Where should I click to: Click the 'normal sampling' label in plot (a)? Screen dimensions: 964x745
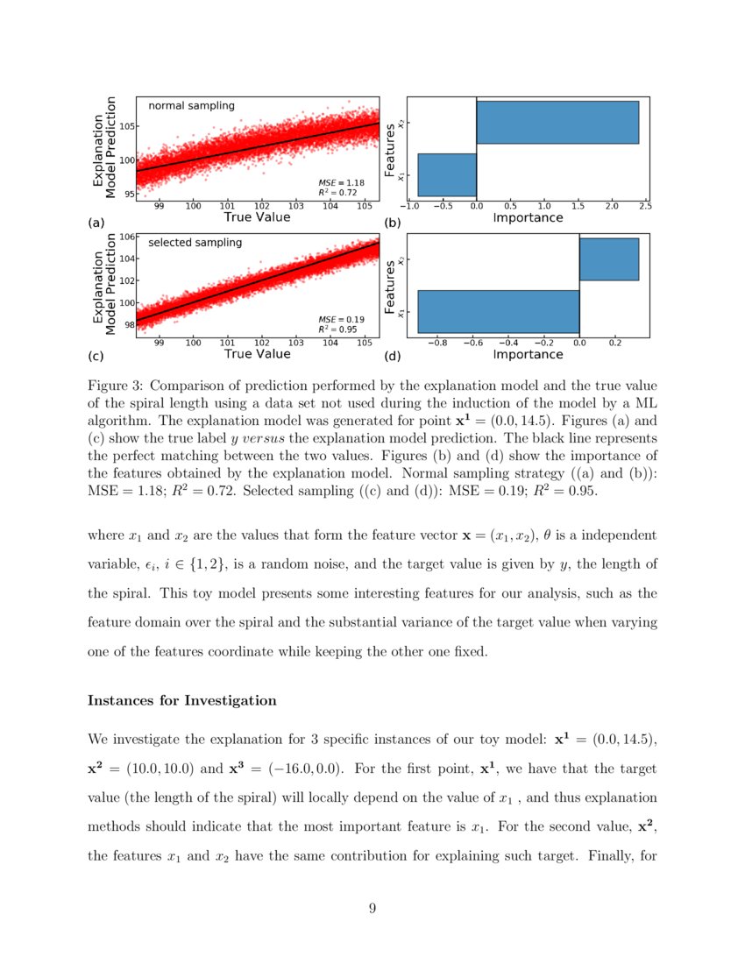[191, 106]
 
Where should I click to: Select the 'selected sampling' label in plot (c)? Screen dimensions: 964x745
[195, 243]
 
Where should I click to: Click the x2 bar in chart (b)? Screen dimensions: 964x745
[557, 123]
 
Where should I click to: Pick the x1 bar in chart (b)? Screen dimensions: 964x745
[447, 174]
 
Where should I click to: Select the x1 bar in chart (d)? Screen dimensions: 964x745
[498, 312]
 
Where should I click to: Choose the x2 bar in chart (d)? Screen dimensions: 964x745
[609, 259]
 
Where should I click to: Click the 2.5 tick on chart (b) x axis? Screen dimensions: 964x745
[645, 207]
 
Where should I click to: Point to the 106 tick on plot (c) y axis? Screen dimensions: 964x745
[126, 237]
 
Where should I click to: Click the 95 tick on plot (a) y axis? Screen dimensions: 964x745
[128, 194]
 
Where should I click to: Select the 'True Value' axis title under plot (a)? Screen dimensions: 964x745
[257, 216]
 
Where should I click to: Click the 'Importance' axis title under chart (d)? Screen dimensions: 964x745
[528, 354]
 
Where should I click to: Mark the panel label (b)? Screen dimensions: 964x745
[393, 223]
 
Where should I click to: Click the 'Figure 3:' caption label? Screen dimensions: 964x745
[118, 386]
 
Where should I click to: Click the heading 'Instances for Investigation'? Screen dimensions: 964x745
[182, 701]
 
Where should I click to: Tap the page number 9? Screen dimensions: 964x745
[372, 908]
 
